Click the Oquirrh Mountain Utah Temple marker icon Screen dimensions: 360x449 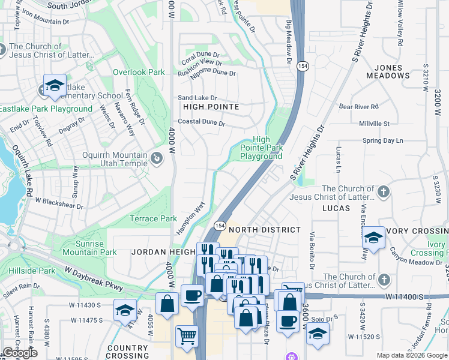click(x=157, y=158)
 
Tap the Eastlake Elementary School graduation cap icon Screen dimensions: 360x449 click(x=55, y=86)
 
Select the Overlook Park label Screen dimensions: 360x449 click(x=139, y=72)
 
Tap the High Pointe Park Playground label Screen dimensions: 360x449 click(x=261, y=148)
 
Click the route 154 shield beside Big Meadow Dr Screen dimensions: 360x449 click(x=304, y=67)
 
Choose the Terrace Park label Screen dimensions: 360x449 click(x=154, y=219)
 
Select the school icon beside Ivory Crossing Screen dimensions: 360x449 click(x=373, y=238)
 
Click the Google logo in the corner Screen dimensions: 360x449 click(x=20, y=353)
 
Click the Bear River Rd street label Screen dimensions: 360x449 click(x=359, y=107)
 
